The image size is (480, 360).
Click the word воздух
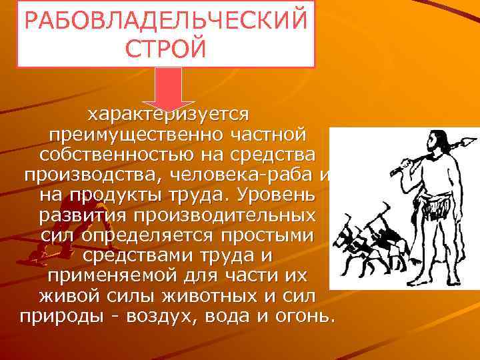(x=156, y=319)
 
